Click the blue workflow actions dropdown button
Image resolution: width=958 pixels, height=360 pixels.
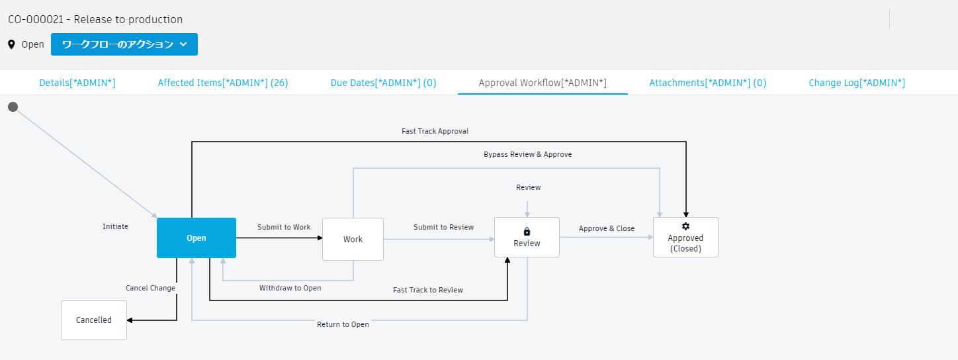point(124,44)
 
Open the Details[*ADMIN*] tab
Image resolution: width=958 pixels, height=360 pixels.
point(77,83)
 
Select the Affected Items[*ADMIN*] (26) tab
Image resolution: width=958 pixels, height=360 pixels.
point(222,83)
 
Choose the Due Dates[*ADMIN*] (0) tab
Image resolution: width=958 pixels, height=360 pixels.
point(383,83)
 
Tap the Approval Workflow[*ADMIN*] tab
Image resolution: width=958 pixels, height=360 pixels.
point(542,83)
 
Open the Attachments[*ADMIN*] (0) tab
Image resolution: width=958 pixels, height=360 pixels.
point(707,83)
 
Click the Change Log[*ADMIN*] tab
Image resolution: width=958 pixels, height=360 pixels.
point(856,83)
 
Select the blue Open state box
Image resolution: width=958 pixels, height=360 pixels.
point(196,238)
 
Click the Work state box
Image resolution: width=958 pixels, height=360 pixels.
point(353,239)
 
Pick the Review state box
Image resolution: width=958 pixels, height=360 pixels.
point(527,238)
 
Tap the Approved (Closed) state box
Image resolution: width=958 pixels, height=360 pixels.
point(685,238)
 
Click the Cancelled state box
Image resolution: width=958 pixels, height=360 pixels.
point(94,320)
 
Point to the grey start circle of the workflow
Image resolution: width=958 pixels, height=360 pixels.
point(13,107)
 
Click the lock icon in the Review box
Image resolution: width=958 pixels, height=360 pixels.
point(527,231)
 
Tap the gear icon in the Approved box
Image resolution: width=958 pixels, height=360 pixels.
point(685,226)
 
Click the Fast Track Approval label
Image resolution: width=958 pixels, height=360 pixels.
point(435,131)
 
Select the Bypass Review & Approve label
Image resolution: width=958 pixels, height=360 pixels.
point(527,154)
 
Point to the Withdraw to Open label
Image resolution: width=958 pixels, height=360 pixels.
point(290,288)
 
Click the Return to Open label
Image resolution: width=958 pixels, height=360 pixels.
point(343,324)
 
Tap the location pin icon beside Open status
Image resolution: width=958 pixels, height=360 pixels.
point(11,44)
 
